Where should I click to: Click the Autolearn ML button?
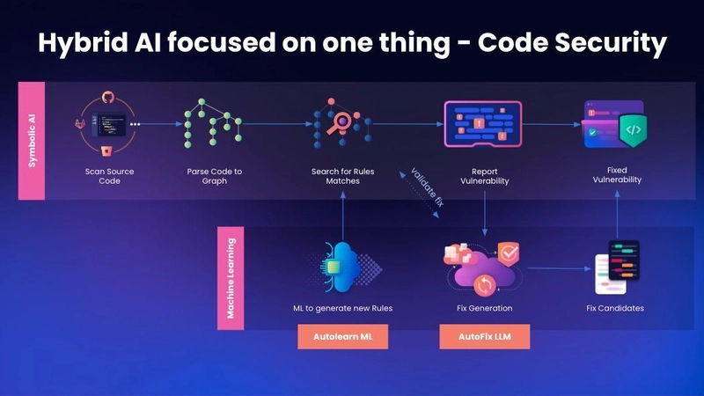(342, 337)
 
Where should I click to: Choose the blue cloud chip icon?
(338, 265)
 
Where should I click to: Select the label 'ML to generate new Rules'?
(342, 308)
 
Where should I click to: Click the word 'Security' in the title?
(605, 44)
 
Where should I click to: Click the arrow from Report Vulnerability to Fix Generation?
(484, 216)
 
